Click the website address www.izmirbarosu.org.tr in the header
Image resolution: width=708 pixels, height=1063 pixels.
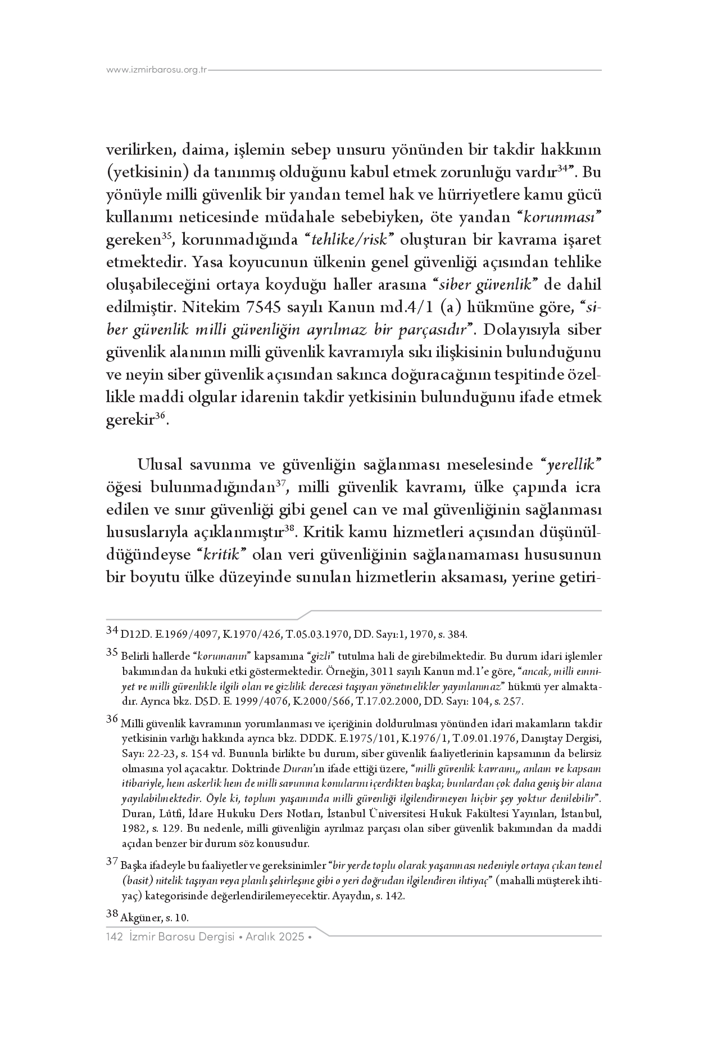click(x=157, y=70)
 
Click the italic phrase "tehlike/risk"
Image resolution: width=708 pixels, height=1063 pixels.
click(x=351, y=240)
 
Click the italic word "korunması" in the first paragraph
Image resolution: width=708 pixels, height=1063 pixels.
click(x=570, y=218)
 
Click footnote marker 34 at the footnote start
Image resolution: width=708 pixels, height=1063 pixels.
click(x=112, y=630)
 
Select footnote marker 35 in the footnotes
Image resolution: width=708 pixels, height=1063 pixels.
click(x=112, y=652)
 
